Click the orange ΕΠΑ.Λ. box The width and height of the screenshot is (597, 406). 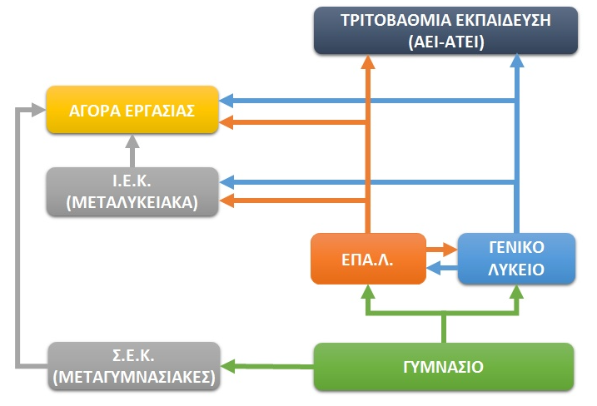tap(366, 260)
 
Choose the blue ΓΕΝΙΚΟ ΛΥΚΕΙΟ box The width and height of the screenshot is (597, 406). tap(517, 259)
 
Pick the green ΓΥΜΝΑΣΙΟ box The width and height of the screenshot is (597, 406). tap(445, 366)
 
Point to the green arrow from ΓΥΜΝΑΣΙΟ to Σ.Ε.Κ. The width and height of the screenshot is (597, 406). tap(266, 364)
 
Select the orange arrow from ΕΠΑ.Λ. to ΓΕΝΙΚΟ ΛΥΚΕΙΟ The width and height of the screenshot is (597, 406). tap(440, 248)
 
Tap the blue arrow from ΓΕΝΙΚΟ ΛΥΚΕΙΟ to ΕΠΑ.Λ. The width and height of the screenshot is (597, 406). tap(441, 268)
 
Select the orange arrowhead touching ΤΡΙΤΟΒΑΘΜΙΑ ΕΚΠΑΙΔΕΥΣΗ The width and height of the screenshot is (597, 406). tap(366, 63)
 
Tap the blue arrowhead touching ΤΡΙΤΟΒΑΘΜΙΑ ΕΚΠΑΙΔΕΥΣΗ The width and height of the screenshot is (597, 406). tap(517, 63)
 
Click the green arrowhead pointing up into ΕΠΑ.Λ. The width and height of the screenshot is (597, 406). tap(366, 292)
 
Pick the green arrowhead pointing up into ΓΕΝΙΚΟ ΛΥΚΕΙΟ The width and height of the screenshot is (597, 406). tap(517, 292)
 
